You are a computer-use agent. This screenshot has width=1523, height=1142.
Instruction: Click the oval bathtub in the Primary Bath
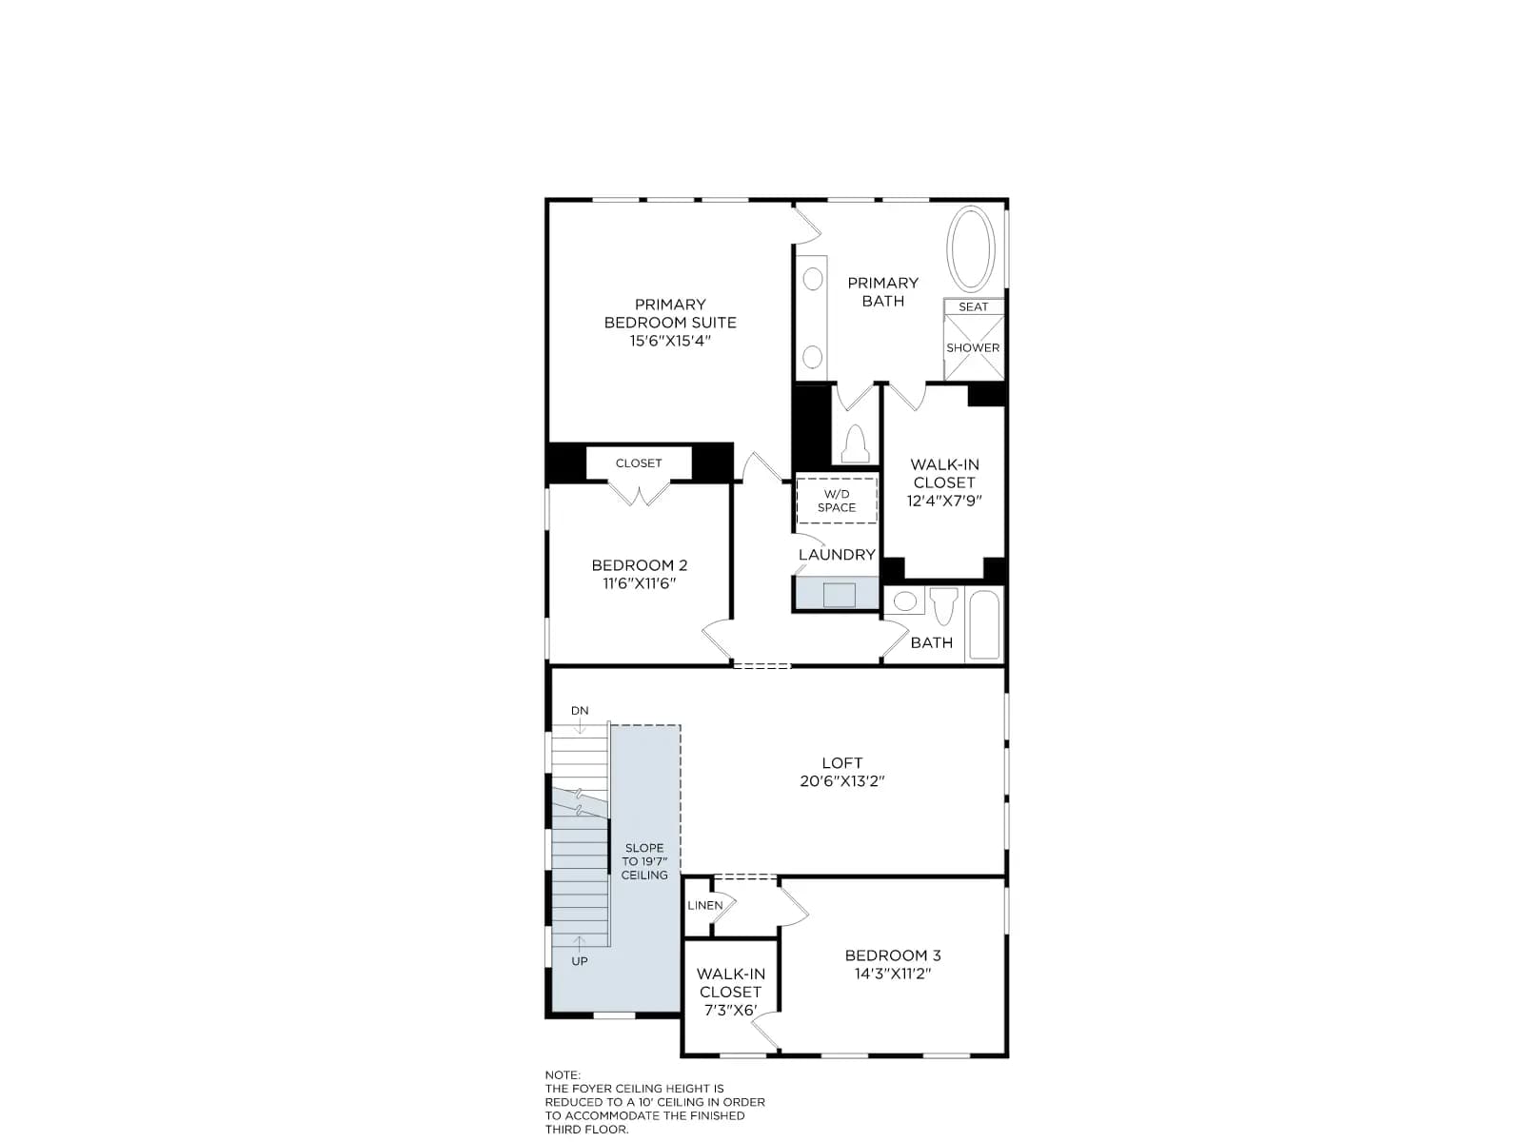971,248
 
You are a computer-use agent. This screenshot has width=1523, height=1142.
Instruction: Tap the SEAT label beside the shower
973,306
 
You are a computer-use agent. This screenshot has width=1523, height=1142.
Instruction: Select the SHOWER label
973,347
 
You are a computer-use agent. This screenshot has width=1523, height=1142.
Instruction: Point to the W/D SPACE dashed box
836,501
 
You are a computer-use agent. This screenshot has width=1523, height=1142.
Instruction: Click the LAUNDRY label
837,555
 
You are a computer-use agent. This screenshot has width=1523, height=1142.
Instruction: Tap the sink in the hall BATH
904,601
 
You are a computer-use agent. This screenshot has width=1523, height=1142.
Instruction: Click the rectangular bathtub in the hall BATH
984,624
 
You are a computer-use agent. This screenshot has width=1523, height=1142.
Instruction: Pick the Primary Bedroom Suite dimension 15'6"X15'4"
670,341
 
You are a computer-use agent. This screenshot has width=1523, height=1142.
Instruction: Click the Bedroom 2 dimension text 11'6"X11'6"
639,583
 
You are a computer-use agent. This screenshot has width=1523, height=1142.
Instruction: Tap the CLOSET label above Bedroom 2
639,463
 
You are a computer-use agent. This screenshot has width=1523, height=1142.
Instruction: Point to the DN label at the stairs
580,711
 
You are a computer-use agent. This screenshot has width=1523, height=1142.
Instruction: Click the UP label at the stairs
580,961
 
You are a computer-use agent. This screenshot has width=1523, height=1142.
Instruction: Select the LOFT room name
841,762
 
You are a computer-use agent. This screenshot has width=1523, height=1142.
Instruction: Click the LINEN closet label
705,905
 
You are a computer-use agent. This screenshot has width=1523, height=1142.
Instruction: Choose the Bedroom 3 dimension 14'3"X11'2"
892,974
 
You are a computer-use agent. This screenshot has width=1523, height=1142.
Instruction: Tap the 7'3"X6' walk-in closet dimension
730,1011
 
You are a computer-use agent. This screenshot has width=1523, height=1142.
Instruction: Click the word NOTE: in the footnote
563,1075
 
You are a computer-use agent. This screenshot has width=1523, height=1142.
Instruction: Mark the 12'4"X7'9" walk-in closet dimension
944,501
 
